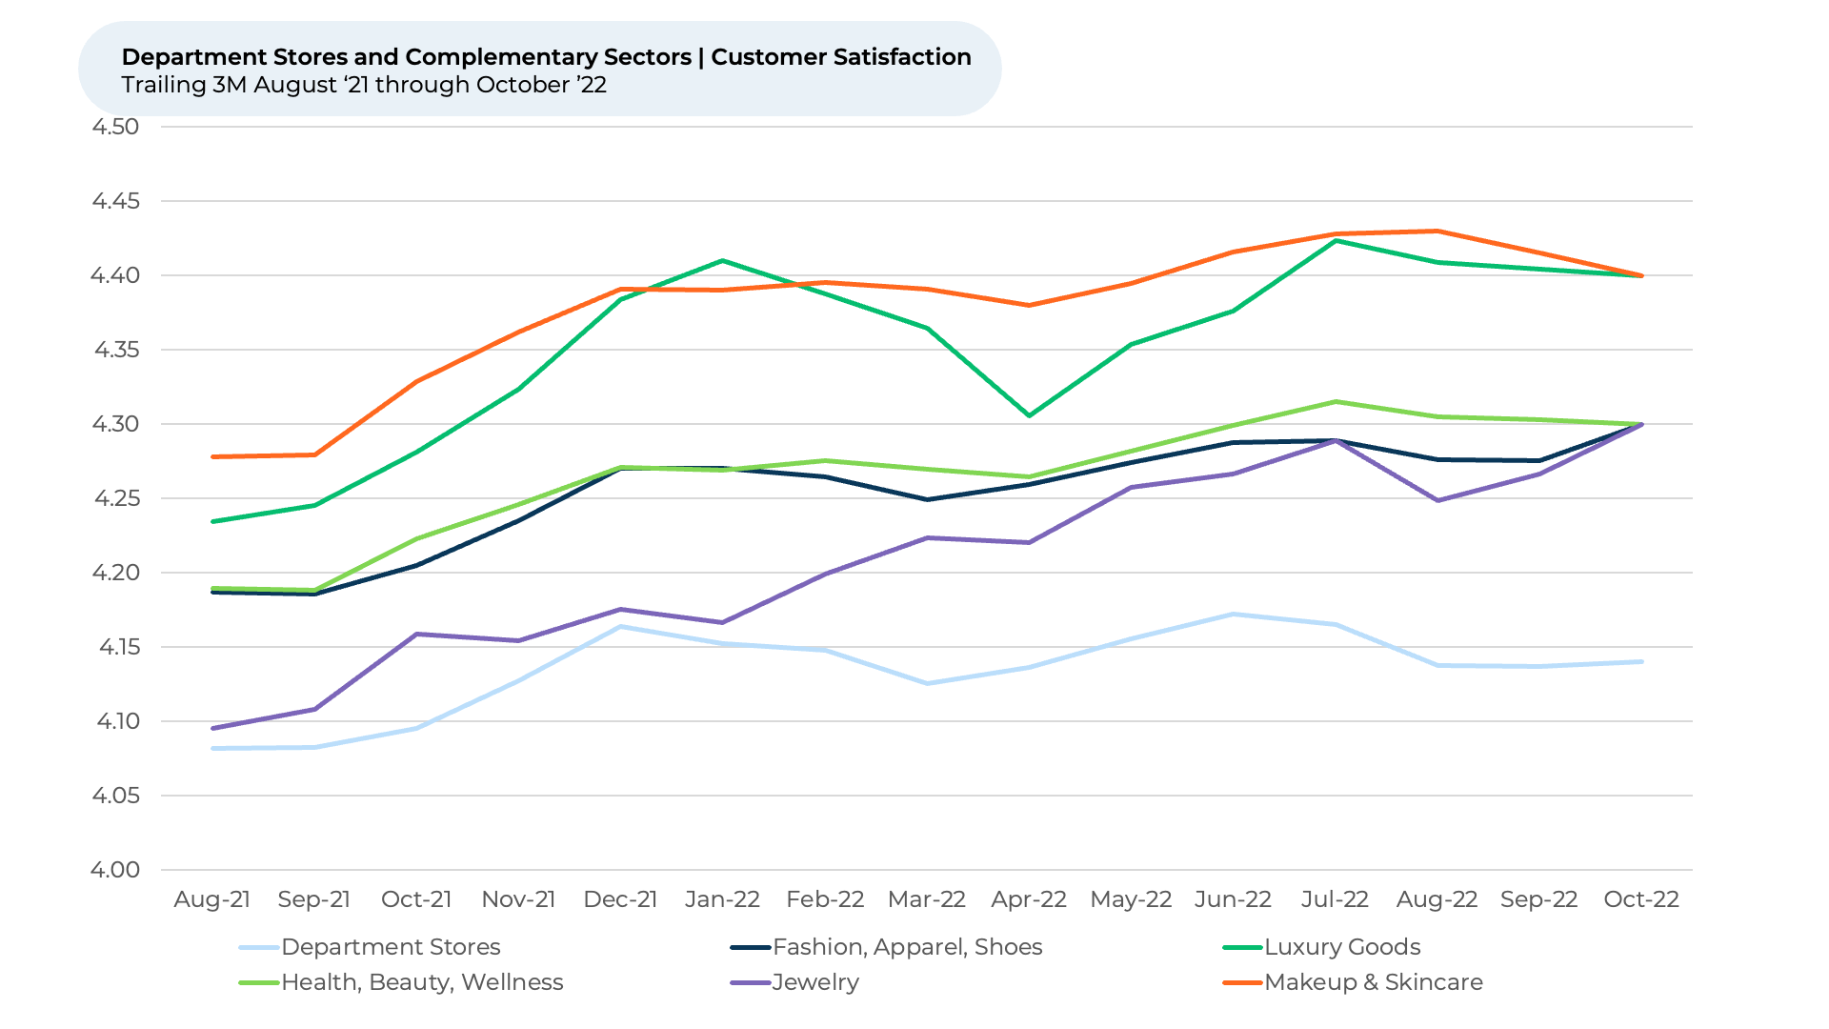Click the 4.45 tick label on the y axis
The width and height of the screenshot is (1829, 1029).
click(x=115, y=201)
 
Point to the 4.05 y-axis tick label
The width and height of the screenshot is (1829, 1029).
click(x=115, y=796)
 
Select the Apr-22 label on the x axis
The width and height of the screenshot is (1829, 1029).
click(x=1029, y=899)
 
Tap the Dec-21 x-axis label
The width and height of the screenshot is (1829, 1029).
click(x=620, y=899)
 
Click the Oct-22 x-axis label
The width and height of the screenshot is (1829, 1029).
click(x=1641, y=899)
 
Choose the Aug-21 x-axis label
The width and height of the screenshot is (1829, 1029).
click(x=212, y=899)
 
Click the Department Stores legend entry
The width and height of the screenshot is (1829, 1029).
click(x=391, y=947)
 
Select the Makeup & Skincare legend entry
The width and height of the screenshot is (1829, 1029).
click(x=1373, y=982)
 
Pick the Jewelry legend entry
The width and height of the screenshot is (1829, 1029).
click(x=815, y=982)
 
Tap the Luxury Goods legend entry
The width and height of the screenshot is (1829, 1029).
click(x=1342, y=947)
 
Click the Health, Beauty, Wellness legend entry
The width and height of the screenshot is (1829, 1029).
click(x=422, y=982)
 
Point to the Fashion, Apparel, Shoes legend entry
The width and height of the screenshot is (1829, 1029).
click(x=907, y=947)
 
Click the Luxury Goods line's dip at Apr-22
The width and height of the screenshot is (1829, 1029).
click(x=1029, y=415)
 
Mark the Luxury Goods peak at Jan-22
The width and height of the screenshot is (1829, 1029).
click(x=722, y=260)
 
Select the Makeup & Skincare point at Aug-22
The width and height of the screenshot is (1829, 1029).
click(x=1437, y=231)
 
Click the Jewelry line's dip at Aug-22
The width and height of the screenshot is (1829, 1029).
click(x=1437, y=500)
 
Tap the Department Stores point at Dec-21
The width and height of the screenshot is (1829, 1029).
click(x=620, y=626)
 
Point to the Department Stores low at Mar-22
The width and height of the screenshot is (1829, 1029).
click(x=927, y=683)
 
